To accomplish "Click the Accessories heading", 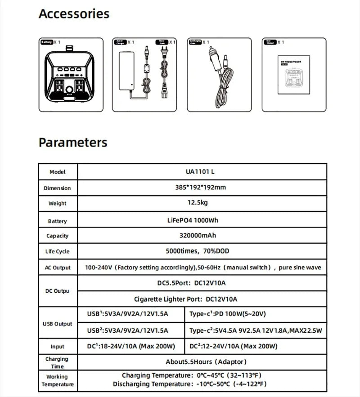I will coord(74,14).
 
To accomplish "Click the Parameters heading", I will coord(73,143).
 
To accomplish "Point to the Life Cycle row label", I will coord(58,252).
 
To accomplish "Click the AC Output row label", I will coord(58,268).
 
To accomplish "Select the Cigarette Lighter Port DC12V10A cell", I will coord(186,299).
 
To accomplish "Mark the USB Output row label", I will coord(58,324).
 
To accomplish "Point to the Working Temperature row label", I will coord(57,380).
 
